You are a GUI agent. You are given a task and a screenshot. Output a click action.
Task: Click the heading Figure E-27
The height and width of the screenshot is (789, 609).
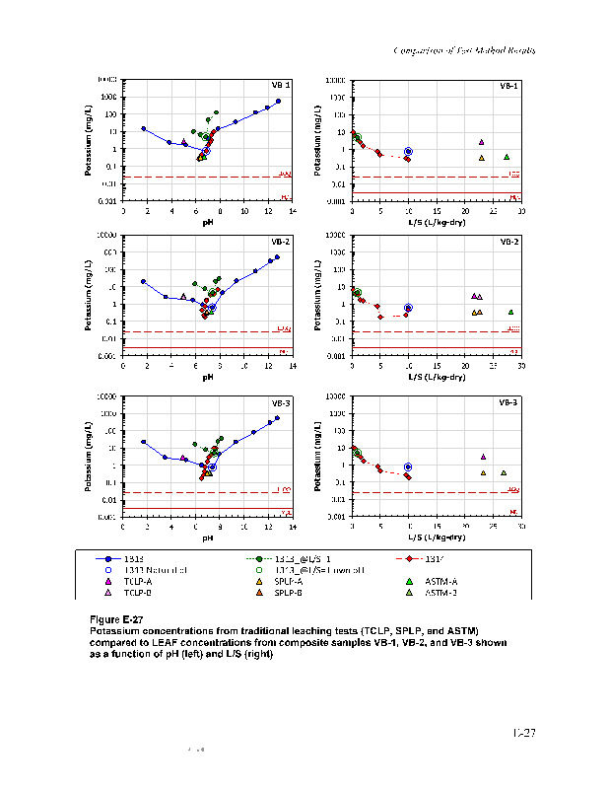116,618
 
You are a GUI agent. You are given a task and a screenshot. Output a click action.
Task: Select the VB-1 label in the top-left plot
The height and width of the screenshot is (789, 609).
281,86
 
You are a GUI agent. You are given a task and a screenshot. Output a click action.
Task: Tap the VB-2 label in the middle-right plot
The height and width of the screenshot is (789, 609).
509,242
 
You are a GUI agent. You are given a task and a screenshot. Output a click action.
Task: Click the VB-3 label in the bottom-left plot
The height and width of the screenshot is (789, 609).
281,402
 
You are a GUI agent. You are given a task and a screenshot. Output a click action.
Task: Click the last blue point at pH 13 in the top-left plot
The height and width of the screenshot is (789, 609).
279,101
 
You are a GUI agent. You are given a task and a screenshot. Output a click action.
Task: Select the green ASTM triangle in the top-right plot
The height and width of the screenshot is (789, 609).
507,157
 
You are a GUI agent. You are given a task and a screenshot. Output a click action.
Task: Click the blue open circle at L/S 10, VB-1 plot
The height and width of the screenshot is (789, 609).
408,152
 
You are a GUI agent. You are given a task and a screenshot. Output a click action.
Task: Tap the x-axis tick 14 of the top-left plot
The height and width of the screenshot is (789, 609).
293,210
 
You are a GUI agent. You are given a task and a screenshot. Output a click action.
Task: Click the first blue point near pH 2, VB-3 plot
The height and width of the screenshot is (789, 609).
143,442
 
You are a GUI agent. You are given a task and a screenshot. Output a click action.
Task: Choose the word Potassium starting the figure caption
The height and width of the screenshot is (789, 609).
113,629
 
